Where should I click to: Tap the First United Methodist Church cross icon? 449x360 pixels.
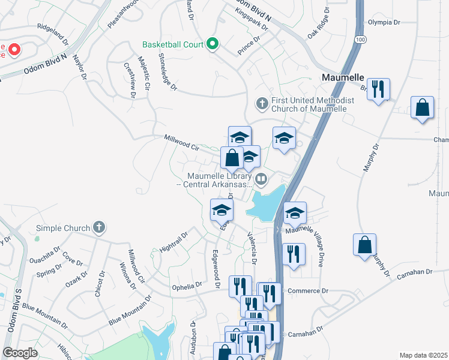[261, 103]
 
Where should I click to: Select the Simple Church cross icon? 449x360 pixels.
[100, 227]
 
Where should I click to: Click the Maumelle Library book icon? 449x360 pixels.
[261, 178]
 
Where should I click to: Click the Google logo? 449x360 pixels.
[20, 353]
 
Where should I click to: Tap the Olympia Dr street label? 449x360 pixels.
[384, 22]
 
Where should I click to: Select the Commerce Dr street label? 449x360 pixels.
[309, 290]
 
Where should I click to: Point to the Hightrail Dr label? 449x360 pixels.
[175, 241]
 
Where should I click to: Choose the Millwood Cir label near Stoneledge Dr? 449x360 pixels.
[182, 142]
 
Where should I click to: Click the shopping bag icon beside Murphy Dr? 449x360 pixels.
[364, 245]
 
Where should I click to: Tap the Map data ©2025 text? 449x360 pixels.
[423, 355]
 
